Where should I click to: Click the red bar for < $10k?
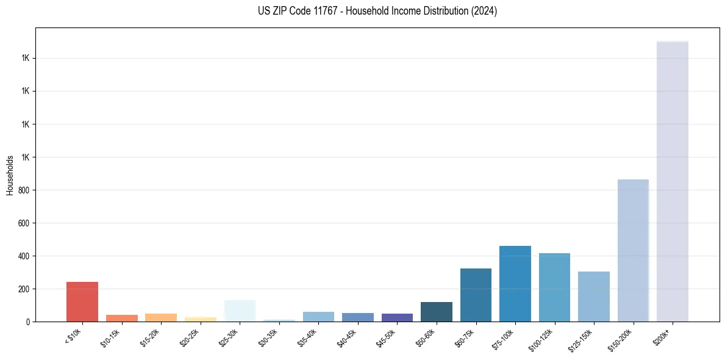(82, 301)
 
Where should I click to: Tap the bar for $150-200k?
(633, 250)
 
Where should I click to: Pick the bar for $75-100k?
(515, 284)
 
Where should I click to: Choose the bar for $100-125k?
(554, 287)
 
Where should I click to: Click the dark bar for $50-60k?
(437, 312)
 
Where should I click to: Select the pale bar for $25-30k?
(240, 311)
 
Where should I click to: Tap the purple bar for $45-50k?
(397, 317)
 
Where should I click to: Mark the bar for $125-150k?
(593, 297)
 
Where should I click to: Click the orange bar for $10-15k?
(122, 318)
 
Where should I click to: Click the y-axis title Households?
(10, 175)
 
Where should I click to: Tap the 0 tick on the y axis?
(28, 322)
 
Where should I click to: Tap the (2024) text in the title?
(484, 11)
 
